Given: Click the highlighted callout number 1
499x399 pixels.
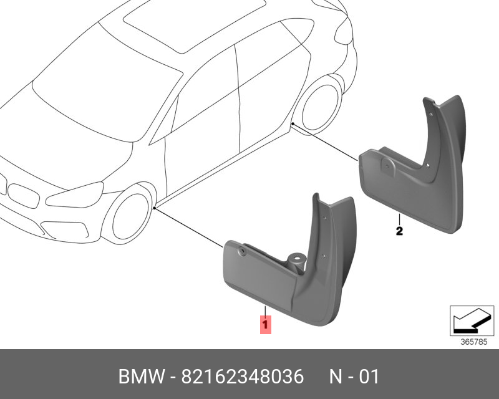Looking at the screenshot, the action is [266, 325].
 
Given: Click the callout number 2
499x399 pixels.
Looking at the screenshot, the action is [399, 231].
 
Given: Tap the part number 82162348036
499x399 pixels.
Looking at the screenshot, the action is [243, 377].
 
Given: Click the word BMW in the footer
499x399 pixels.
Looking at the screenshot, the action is [142, 377].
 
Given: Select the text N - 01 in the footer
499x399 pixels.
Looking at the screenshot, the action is [354, 377].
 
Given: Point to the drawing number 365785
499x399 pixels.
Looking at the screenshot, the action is [474, 342].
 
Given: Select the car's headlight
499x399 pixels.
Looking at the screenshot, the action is [75, 195].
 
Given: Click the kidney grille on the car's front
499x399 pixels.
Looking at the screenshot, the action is [23, 196].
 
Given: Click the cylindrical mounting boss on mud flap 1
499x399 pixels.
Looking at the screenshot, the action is [296, 262].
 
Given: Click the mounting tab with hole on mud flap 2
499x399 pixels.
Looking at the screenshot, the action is [388, 166].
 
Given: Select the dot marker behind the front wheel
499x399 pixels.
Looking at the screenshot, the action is [154, 208].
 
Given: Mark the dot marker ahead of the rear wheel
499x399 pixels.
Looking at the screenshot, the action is [293, 123].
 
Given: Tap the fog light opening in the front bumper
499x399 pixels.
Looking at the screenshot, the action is [65, 229].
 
